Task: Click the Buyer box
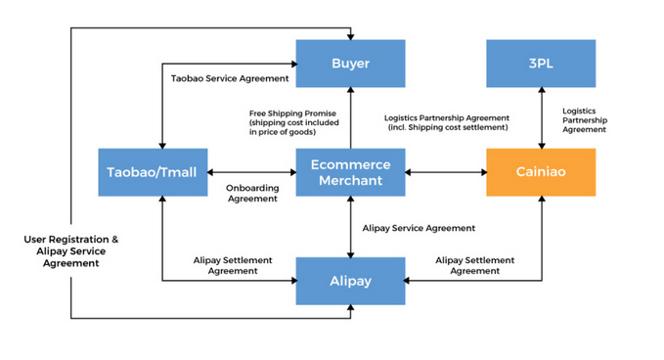click(350, 64)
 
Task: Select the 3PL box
click(541, 64)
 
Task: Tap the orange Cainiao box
click(541, 172)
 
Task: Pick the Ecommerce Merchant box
click(350, 172)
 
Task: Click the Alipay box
click(350, 281)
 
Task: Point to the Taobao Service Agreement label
click(230, 78)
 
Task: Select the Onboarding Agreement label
click(252, 193)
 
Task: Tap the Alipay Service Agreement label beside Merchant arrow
click(419, 228)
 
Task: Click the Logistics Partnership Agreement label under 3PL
click(585, 120)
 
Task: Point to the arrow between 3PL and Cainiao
click(541, 118)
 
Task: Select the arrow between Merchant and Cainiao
click(445, 172)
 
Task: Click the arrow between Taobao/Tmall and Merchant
click(250, 172)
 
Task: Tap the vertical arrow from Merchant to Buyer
click(350, 118)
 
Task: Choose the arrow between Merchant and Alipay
click(350, 227)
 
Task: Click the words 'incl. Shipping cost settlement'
click(448, 128)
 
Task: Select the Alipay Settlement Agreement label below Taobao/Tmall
click(233, 265)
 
